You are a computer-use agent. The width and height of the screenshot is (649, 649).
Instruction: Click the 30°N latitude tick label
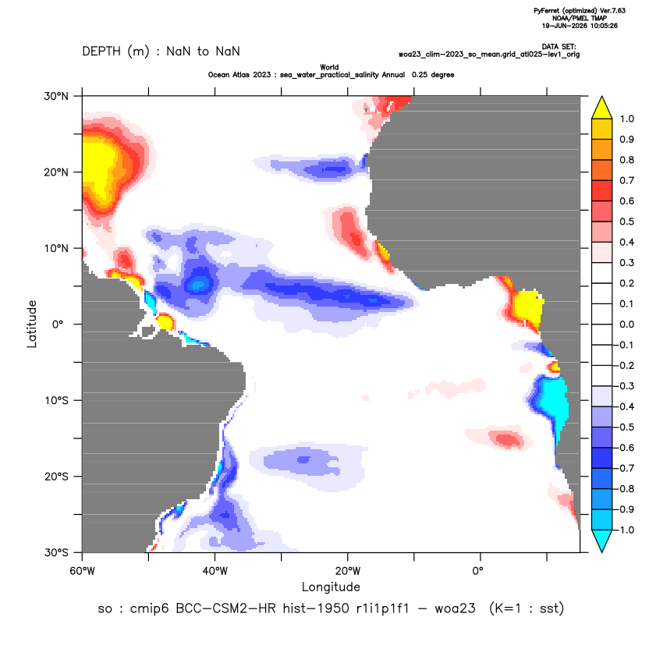[56, 96]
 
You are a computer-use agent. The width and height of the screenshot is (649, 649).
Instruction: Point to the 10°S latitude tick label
[56, 401]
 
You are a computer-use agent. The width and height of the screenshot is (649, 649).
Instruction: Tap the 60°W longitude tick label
[83, 571]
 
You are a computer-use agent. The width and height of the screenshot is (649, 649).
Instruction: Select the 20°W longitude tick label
[348, 571]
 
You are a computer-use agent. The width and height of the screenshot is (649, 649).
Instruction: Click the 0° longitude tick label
[477, 571]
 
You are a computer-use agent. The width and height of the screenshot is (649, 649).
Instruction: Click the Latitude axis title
[32, 324]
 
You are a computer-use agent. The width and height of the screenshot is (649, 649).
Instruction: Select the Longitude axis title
[331, 587]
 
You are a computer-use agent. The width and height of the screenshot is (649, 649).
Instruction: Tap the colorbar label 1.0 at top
[626, 119]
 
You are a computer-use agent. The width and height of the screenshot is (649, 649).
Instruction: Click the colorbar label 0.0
[626, 324]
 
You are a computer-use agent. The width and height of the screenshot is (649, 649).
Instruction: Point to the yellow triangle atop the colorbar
[602, 108]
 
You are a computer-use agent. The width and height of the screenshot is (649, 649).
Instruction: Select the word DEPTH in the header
[101, 51]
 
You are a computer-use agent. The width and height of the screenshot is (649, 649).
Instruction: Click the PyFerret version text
[580, 11]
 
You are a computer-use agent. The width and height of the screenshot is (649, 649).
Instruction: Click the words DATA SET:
[559, 47]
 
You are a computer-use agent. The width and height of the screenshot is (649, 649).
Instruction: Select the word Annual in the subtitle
[393, 75]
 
